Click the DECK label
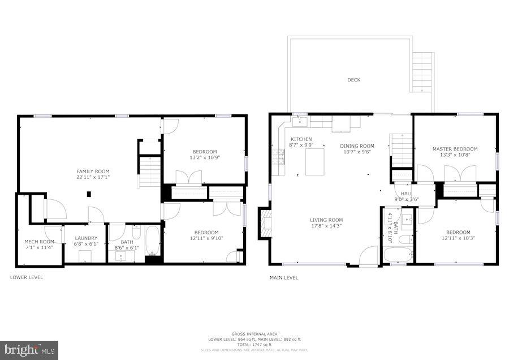353,80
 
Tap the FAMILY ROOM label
93,171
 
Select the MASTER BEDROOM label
455,149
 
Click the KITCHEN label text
301,139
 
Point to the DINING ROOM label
357,145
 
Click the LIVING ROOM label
326,220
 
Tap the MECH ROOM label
39,242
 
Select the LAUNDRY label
86,238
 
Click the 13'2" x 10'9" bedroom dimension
204,158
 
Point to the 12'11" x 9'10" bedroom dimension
206,239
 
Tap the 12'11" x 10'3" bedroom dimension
458,239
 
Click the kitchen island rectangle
315,161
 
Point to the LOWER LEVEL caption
27,277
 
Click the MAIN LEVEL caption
284,277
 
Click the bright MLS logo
29,350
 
